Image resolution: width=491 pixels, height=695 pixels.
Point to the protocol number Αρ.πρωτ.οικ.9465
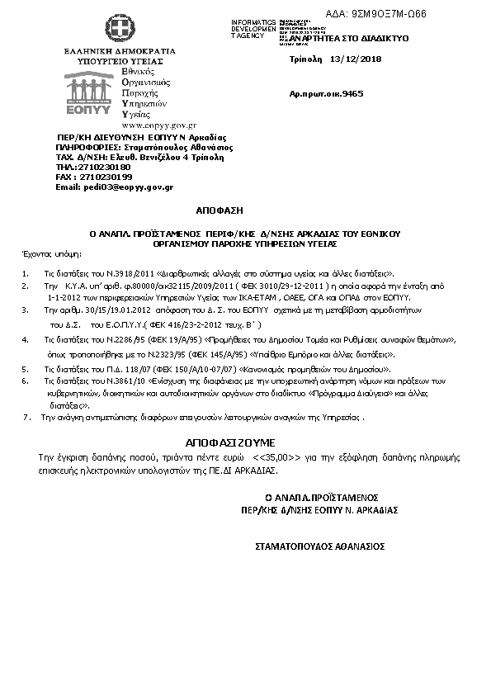(x=326, y=95)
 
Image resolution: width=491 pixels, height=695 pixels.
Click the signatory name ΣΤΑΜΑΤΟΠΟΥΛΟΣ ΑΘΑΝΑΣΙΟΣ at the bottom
(x=320, y=546)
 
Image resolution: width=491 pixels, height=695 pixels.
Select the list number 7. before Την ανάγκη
(x=27, y=418)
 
